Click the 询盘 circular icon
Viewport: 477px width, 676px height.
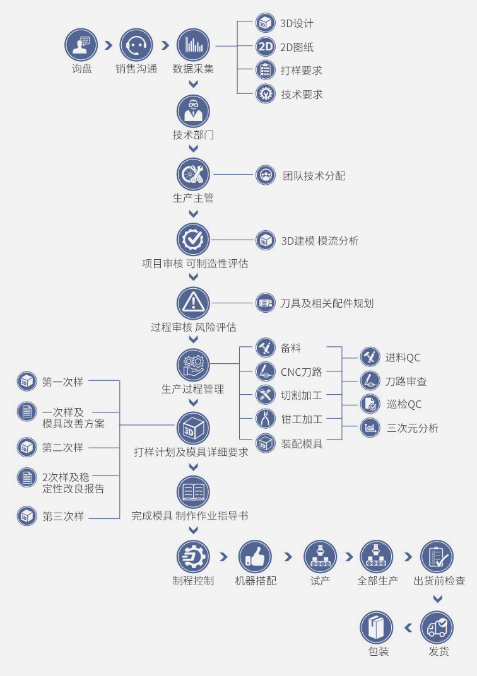pos(81,45)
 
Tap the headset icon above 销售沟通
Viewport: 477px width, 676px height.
pos(136,45)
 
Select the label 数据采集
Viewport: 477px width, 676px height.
pos(193,69)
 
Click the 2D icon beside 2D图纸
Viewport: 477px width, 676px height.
pos(265,47)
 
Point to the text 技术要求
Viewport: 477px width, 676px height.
pos(302,95)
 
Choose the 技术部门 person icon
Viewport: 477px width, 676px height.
pos(193,111)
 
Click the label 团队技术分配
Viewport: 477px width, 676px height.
pos(314,175)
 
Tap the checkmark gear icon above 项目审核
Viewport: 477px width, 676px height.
pos(193,239)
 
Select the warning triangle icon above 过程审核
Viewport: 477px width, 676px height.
pos(193,303)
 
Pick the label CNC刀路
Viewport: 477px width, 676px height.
pos(301,372)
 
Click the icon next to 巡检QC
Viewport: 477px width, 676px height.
pos(370,404)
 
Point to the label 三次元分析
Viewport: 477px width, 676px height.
pos(412,428)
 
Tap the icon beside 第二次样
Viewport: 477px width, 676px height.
pos(26,448)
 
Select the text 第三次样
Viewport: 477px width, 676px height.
pos(63,516)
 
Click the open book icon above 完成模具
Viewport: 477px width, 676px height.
pos(193,492)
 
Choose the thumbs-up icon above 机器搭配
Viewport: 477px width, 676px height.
pos(255,557)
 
